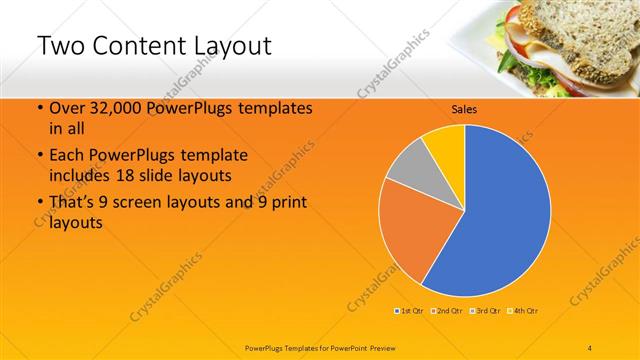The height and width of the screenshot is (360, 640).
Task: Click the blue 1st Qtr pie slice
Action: click(x=500, y=215)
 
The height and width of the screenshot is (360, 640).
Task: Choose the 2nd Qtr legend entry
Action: click(x=447, y=311)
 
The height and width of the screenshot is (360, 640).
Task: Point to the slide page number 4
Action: click(x=590, y=347)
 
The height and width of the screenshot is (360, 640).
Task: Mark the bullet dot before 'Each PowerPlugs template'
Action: click(x=39, y=157)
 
